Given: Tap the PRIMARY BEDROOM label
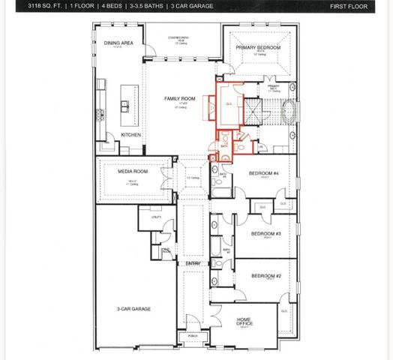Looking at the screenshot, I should tap(258, 47).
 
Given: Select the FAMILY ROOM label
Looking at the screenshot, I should tap(180, 98).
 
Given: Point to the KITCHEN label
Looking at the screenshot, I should tap(131, 135).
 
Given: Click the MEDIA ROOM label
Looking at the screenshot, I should tap(133, 171).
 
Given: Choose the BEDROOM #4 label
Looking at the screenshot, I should tap(264, 173).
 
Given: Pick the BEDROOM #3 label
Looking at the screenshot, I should tap(265, 233).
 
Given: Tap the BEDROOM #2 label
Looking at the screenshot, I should tap(265, 276).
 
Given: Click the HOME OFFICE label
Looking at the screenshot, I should tap(244, 321).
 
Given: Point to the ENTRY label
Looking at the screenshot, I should tap(193, 263).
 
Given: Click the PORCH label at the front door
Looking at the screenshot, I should tap(193, 335).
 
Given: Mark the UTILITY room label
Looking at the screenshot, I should tap(157, 216).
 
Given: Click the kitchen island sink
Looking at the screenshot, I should tap(124, 103).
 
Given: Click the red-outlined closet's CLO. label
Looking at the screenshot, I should tap(228, 103).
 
